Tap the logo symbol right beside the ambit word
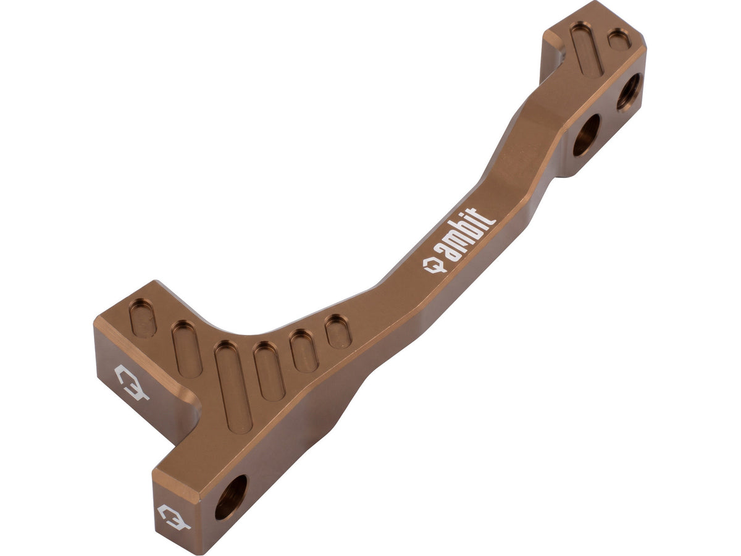[x=435, y=265]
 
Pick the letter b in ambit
[x=469, y=233]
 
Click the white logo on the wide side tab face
[x=132, y=382]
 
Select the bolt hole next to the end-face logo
[x=231, y=497]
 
